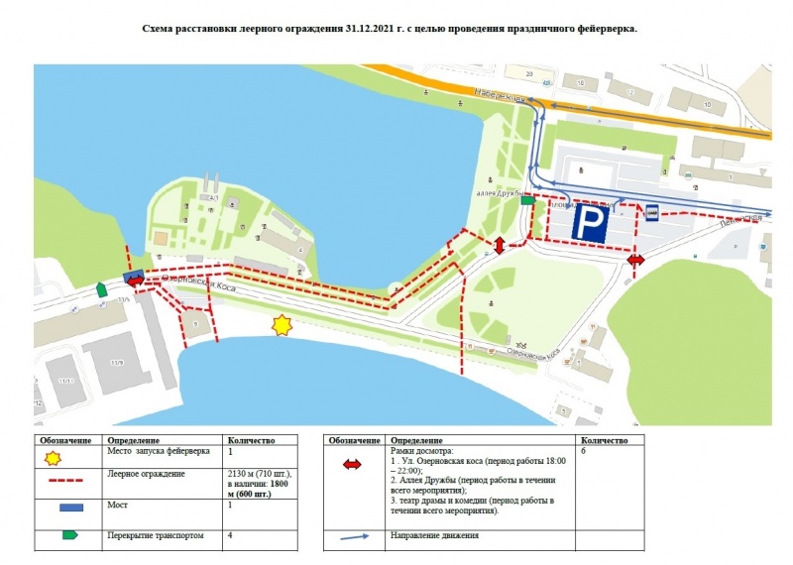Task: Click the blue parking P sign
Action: (x=593, y=222)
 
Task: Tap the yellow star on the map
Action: (x=283, y=324)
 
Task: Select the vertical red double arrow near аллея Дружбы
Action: (x=499, y=245)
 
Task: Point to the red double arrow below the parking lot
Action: (x=635, y=260)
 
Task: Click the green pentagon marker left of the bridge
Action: (x=101, y=289)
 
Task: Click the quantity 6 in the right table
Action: (x=584, y=452)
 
